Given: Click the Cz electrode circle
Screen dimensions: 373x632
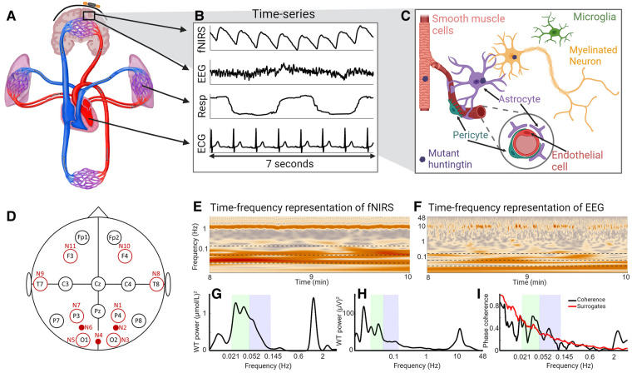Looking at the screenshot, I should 97,284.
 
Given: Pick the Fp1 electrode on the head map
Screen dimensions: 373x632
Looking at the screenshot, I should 81,236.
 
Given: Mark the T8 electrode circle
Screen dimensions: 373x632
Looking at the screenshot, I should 155,284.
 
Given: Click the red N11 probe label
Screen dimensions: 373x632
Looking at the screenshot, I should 72,246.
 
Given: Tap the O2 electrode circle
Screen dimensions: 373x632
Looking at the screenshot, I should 114,340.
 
